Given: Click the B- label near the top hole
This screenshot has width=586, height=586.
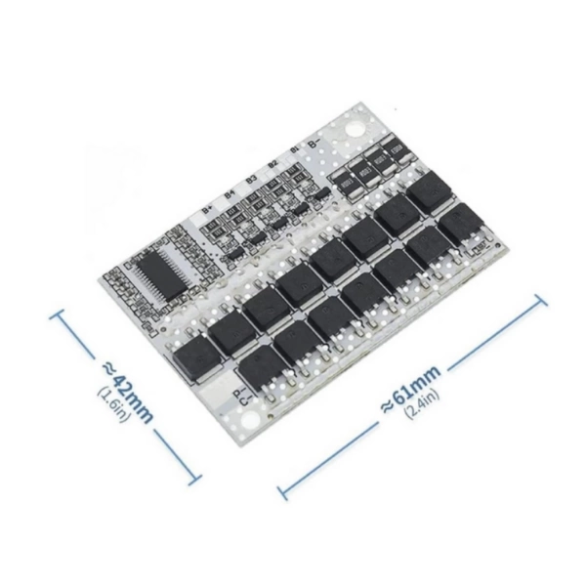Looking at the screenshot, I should [x=314, y=144].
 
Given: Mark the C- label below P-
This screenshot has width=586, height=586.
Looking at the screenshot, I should [x=243, y=402].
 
